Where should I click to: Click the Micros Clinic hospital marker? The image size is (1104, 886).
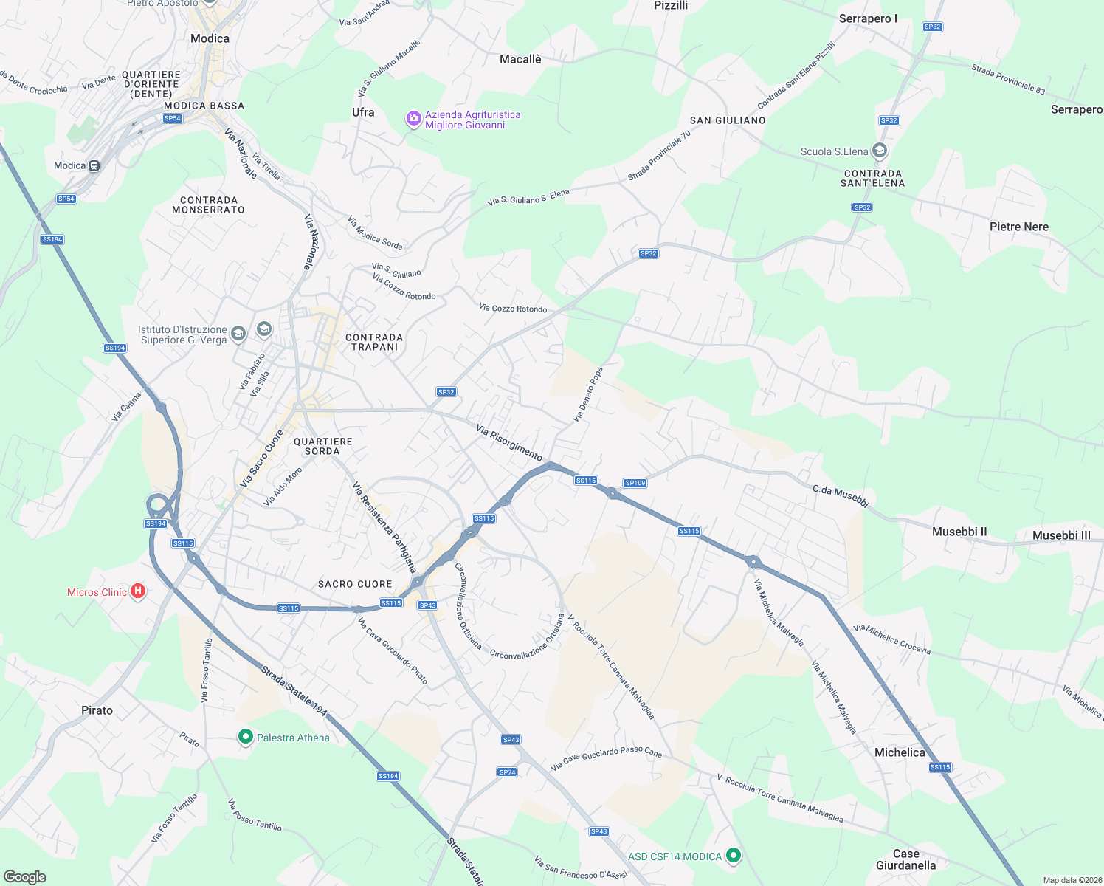138,591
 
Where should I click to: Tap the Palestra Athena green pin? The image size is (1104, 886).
246,737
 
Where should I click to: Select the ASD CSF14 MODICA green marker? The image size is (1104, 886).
733,856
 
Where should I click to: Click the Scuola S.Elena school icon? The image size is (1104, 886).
879,151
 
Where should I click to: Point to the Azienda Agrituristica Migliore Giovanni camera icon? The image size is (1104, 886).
414,119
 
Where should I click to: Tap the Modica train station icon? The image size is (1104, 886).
94,166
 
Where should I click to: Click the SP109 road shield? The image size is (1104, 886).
635,483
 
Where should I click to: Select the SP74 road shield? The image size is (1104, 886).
507,772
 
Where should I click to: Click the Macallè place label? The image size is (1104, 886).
520,59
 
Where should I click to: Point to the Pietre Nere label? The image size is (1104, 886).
1018,227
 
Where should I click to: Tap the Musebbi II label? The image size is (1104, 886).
959,532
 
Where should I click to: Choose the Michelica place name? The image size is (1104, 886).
899,752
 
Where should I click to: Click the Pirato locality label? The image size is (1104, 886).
97,710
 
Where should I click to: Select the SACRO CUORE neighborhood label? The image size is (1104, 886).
355,584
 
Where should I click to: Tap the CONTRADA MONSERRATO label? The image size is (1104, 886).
208,205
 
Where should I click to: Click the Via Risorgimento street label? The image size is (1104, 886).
509,442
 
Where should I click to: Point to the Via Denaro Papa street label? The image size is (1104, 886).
588,395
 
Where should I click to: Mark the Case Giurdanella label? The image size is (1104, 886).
905,859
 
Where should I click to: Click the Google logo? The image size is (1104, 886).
25,876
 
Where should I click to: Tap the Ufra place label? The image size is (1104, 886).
363,112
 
